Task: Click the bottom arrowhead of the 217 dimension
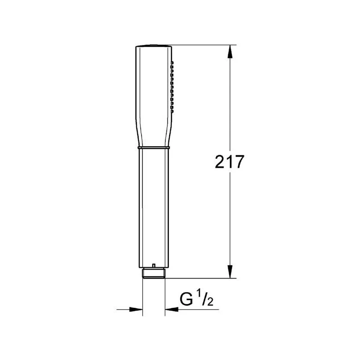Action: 230,272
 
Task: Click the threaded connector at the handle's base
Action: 154,274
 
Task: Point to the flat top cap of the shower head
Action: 153,45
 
